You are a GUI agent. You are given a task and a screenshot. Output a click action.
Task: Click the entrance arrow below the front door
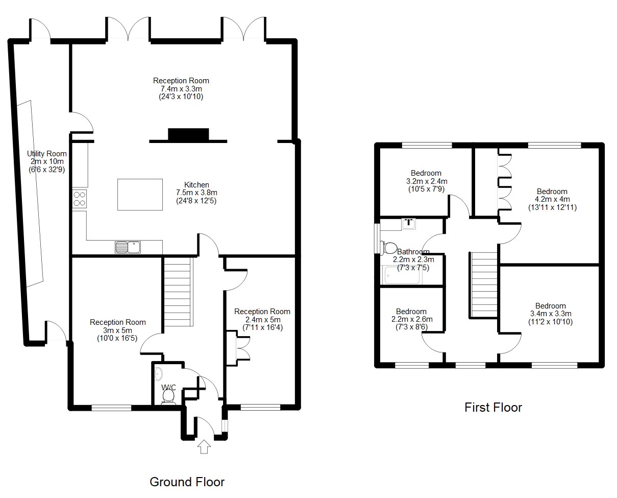pos(204,446)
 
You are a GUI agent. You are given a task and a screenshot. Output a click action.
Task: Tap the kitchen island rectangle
pos(140,194)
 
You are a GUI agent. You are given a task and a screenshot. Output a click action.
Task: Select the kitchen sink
pos(128,247)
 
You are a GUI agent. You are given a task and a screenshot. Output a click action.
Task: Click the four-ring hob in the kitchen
pos(79,199)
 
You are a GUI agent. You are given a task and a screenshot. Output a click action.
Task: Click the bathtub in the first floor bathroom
pos(402,275)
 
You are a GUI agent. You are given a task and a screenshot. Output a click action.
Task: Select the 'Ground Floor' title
pos(187,482)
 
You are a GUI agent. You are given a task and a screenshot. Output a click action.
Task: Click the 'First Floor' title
pos(493,407)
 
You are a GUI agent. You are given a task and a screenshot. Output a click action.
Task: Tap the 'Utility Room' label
pos(47,154)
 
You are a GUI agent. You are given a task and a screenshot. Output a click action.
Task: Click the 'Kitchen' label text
pos(196,184)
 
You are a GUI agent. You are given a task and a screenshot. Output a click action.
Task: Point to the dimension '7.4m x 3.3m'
pos(181,88)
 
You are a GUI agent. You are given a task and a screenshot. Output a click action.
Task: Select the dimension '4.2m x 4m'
pos(552,199)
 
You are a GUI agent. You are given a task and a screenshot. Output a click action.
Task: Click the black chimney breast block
pos(188,134)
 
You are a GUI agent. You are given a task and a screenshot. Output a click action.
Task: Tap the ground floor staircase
pos(177,292)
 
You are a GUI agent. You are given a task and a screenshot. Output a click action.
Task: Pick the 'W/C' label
pos(168,387)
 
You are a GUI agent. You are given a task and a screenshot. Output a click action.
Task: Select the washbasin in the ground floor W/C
pos(158,374)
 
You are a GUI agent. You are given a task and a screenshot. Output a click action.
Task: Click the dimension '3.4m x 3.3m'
pos(551,314)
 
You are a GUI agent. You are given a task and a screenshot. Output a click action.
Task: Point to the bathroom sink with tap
pos(409,223)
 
